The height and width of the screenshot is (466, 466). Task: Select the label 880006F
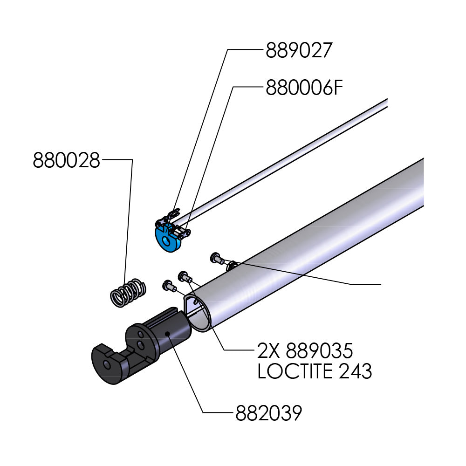[304, 88]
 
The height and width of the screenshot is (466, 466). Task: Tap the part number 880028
[67, 161]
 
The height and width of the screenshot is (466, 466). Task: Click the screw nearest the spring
[167, 284]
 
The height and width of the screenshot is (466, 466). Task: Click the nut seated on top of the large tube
[232, 266]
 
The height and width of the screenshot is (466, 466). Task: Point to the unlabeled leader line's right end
[381, 283]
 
